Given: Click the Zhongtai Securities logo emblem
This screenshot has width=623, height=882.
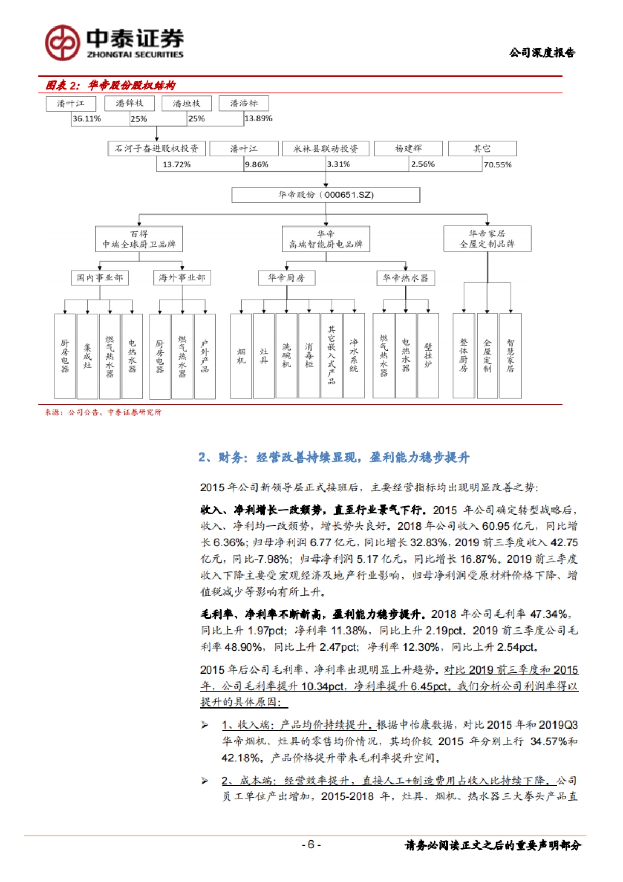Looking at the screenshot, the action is click(62, 43).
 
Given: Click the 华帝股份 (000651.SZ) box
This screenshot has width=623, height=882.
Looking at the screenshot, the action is click(326, 195).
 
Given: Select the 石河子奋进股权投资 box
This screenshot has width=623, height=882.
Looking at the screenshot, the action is click(157, 149).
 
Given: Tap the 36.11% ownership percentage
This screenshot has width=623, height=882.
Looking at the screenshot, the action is click(87, 118).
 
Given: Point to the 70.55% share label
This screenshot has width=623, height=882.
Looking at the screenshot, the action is click(497, 165).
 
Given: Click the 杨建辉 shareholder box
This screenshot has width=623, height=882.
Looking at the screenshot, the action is click(408, 149).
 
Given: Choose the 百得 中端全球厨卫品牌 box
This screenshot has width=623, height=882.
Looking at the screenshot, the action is click(139, 239).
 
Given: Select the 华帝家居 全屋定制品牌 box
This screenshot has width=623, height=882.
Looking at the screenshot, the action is click(487, 239).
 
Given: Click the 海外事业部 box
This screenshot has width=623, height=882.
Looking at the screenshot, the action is click(182, 278).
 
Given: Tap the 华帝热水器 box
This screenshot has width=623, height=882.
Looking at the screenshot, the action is click(405, 278).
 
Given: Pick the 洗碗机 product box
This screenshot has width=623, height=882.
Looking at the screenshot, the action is click(287, 356).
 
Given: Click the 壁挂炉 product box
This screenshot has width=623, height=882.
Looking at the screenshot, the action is click(428, 356).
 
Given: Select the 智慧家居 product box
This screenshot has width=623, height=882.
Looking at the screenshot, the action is click(510, 356).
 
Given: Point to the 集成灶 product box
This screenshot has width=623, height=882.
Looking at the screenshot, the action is click(87, 356).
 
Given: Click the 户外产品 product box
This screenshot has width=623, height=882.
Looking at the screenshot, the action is click(205, 356).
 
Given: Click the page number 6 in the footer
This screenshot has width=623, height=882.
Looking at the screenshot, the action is click(311, 845).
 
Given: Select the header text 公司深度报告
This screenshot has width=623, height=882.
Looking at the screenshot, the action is click(542, 52).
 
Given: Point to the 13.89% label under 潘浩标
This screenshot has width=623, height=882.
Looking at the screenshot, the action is click(258, 118).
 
